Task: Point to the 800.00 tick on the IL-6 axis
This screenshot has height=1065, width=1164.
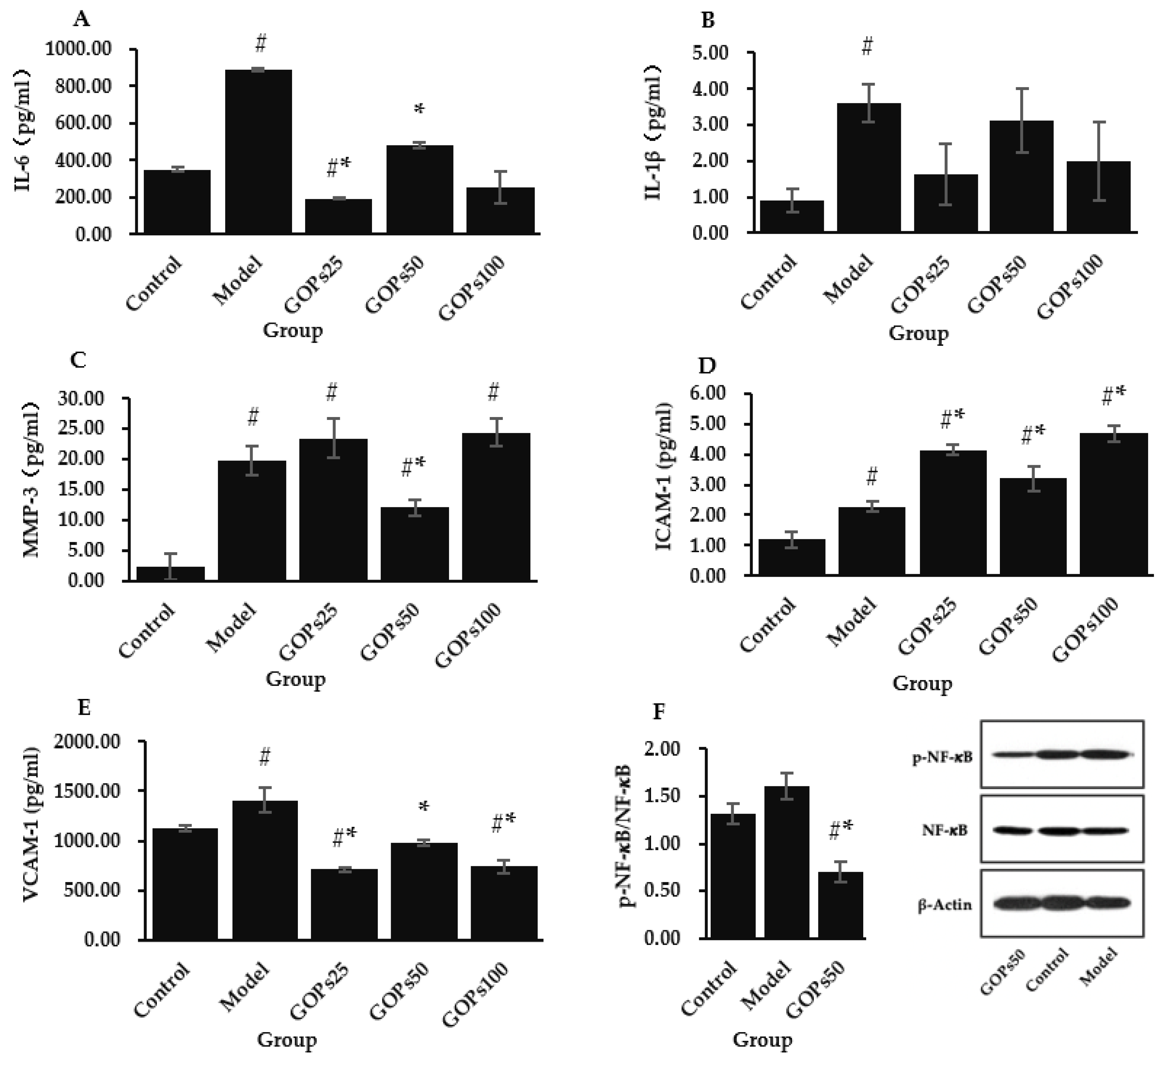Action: pyautogui.click(x=87, y=86)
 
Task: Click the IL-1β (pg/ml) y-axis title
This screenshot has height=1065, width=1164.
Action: pyautogui.click(x=654, y=141)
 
